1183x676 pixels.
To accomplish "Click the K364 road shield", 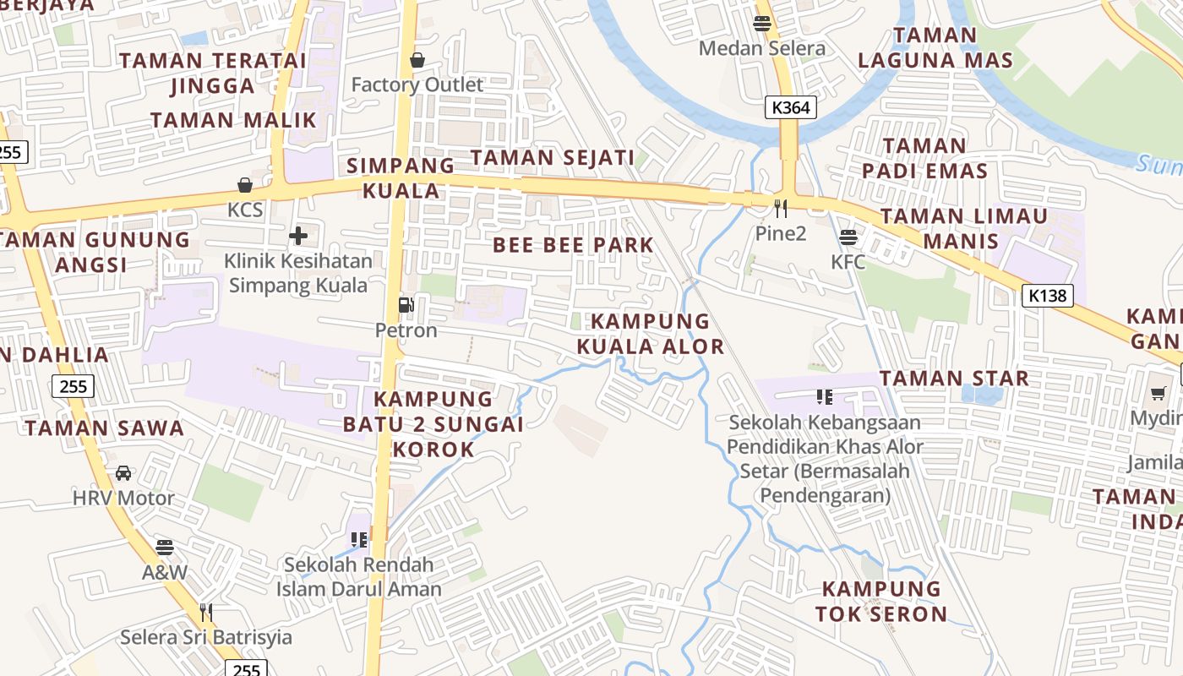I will tap(791, 107).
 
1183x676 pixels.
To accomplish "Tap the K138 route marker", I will tap(1048, 295).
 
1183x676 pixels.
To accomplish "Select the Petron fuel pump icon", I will tap(406, 304).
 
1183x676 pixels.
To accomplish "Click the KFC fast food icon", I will tap(848, 237).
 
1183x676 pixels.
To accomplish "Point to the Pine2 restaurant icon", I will tap(781, 208).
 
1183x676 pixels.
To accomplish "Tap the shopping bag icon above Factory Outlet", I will tap(417, 60).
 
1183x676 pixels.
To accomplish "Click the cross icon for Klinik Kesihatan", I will tap(298, 236).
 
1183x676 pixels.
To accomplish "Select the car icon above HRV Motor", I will tap(123, 472).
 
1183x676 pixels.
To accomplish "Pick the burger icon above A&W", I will tap(165, 547).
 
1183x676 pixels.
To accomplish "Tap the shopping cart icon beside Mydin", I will tap(1158, 393).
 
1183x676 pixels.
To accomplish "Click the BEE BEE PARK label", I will tap(573, 245).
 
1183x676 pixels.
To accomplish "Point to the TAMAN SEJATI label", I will tap(552, 157).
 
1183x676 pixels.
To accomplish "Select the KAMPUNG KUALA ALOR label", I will tap(650, 334).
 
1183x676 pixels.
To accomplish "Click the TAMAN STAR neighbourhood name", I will tap(954, 378).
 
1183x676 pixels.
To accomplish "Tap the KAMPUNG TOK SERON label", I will tap(881, 601).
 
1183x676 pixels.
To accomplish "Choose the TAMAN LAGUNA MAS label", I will tap(935, 47).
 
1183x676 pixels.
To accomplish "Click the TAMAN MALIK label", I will tap(233, 120).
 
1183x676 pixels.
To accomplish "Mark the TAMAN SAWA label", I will tap(104, 428).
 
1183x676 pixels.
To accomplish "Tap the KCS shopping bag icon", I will tap(245, 184).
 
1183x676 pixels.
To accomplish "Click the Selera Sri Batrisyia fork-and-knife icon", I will tap(205, 611).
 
